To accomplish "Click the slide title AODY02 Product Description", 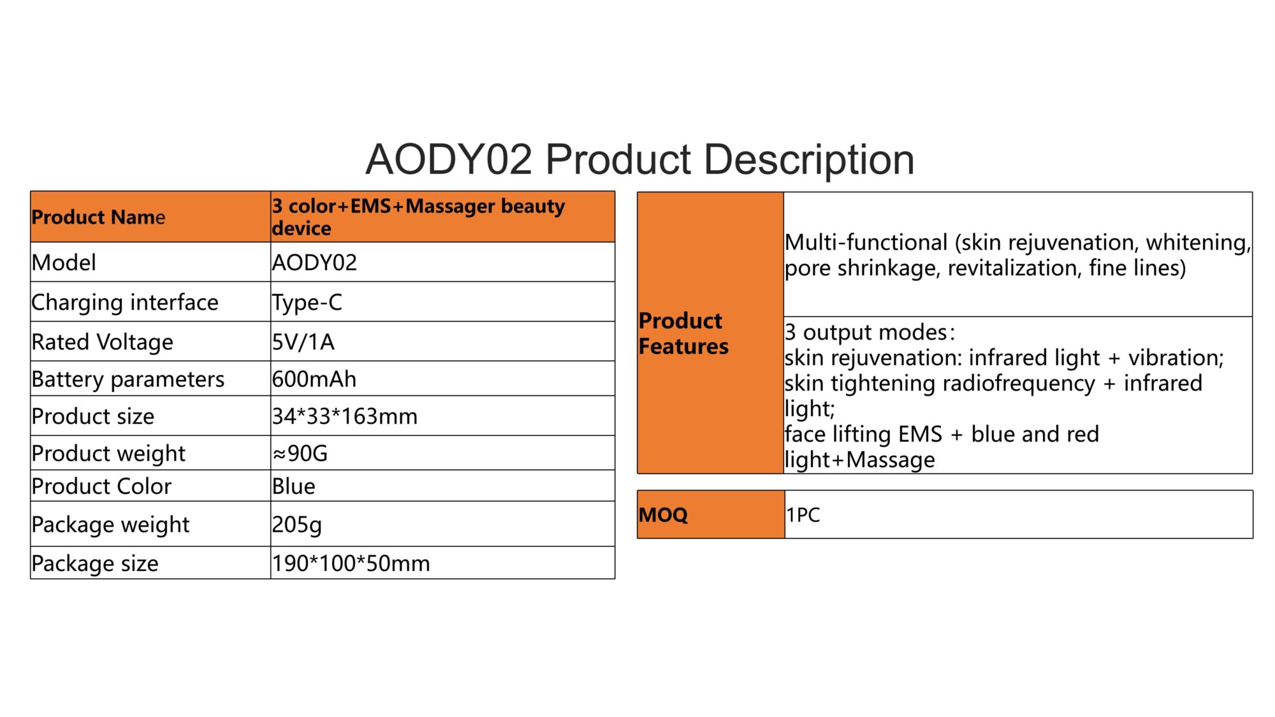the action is click(639, 159).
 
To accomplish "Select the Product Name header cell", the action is click(150, 217).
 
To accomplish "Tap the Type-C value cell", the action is click(442, 301).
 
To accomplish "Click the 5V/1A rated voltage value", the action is click(303, 342).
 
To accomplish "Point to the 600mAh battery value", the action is click(314, 379).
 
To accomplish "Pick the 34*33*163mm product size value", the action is click(344, 416).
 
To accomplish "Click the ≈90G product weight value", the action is click(300, 453).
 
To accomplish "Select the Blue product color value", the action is click(293, 486).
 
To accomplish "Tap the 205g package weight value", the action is click(296, 525).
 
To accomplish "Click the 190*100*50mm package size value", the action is click(351, 563).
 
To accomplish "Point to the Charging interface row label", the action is click(125, 302).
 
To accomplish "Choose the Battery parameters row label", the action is click(128, 379).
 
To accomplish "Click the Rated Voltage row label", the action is click(102, 342).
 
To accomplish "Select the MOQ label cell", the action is click(711, 514).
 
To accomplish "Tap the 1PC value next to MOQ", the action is click(803, 514).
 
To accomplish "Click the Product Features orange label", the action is click(710, 333).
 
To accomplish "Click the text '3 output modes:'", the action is click(870, 332).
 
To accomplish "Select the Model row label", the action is click(64, 263).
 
